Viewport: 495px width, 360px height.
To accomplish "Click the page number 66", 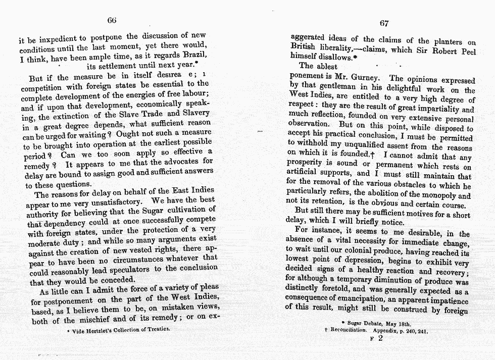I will click(x=112, y=20).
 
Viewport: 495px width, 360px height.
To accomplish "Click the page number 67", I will click(x=384, y=23).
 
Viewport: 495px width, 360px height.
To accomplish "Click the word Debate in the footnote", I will click(x=376, y=322).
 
